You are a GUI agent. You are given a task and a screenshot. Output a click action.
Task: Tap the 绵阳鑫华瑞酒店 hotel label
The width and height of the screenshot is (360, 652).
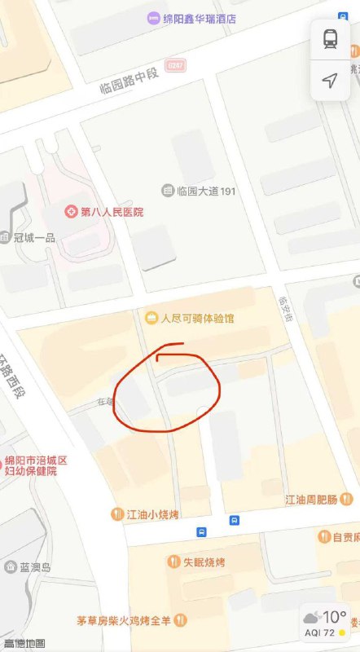point(200,18)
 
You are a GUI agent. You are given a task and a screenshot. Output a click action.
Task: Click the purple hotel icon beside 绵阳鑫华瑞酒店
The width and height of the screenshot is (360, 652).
point(153,18)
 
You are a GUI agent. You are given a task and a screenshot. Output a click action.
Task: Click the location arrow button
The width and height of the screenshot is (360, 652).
point(330,80)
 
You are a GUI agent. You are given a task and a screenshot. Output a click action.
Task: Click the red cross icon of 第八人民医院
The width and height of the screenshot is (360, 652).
point(71,212)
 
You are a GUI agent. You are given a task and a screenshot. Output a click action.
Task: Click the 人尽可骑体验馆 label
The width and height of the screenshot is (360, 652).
point(198,318)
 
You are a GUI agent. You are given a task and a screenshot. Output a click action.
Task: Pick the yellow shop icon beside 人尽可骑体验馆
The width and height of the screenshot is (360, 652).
point(151,317)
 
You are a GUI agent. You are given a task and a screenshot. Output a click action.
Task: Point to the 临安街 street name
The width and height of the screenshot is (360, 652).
point(284,311)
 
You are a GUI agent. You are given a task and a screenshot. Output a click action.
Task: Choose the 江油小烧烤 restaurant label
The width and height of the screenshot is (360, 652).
point(152,514)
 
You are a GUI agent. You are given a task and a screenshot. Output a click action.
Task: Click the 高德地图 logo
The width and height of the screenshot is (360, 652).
point(24,644)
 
